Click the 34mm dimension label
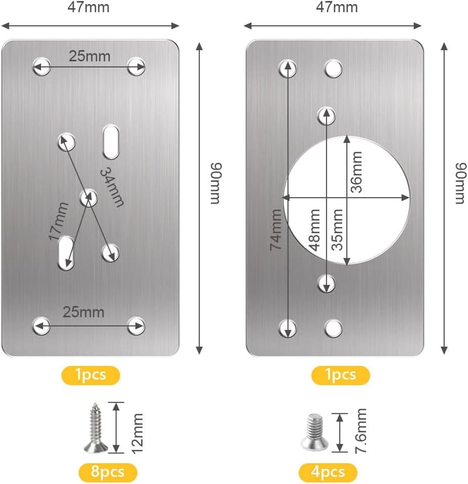pyautogui.click(x=112, y=187)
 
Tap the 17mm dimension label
pyautogui.click(x=58, y=221)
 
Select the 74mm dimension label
pyautogui.click(x=276, y=229)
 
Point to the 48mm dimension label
pyautogui.click(x=314, y=229)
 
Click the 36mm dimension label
pyautogui.click(x=356, y=172)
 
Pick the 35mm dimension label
pyautogui.click(x=337, y=229)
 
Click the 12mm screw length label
pyautogui.click(x=137, y=434)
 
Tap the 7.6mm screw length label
pyautogui.click(x=360, y=431)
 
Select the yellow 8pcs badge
pyautogui.click(x=108, y=472)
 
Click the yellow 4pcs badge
pyautogui.click(x=328, y=472)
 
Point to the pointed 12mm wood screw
pyautogui.click(x=95, y=428)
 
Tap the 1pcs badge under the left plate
pyautogui.click(x=91, y=375)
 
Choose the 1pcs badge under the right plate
pyautogui.click(x=340, y=375)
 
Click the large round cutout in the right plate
pyautogui.click(x=346, y=200)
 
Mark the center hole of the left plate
pyautogui.click(x=88, y=198)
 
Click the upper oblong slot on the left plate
pyautogui.click(x=111, y=142)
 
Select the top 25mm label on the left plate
pyautogui.click(x=90, y=57)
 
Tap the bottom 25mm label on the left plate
pyautogui.click(x=84, y=313)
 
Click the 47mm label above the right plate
pyautogui.click(x=337, y=7)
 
